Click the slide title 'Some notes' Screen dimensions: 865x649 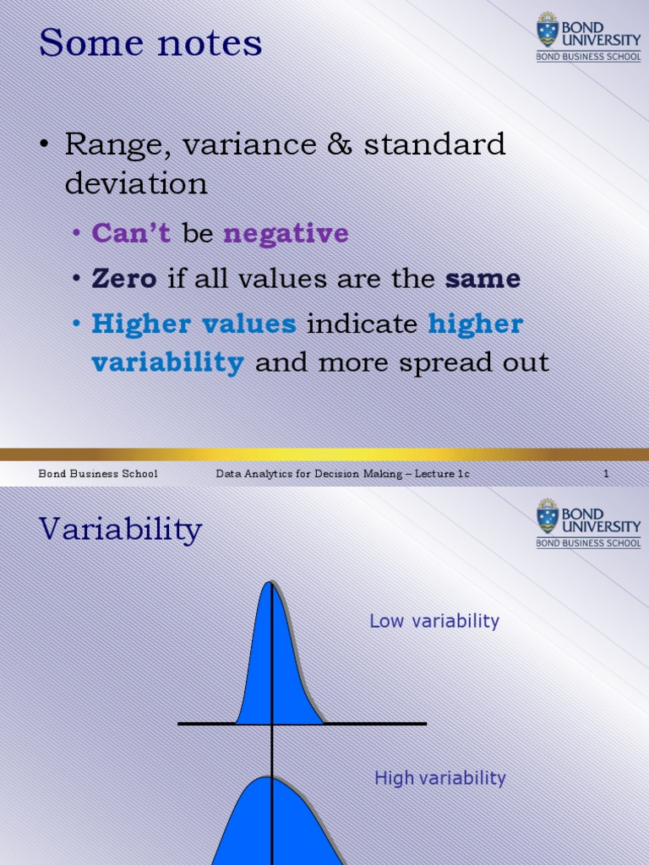[x=150, y=43]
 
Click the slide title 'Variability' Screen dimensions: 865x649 [x=121, y=530]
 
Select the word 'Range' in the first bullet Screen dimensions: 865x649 [x=105, y=145]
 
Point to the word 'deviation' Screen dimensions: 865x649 [x=136, y=183]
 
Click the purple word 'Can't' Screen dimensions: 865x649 [x=131, y=233]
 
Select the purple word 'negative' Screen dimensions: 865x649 [x=286, y=233]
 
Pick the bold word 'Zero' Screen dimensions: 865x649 [x=124, y=279]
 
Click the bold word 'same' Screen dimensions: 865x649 [x=483, y=279]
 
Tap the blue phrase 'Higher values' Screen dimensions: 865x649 [x=194, y=324]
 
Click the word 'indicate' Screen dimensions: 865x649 [x=363, y=324]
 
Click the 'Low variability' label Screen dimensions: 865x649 [x=434, y=622]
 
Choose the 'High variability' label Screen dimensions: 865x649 [x=439, y=779]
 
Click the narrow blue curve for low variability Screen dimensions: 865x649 [x=275, y=667]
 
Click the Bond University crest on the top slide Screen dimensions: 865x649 [x=548, y=30]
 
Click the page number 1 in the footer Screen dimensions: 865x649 [x=606, y=474]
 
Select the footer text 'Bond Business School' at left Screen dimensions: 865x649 [x=98, y=474]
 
